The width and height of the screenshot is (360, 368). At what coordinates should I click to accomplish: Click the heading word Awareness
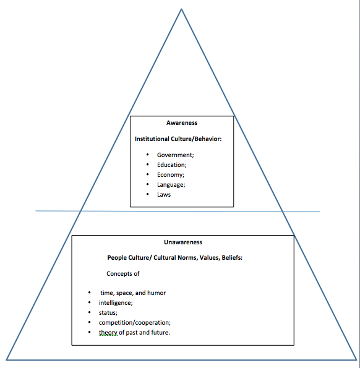pyautogui.click(x=182, y=123)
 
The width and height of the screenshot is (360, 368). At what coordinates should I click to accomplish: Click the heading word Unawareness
pyautogui.click(x=182, y=242)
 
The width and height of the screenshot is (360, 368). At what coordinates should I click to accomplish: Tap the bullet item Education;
pyautogui.click(x=171, y=165)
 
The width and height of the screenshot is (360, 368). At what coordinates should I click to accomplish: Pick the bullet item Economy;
pyautogui.click(x=171, y=174)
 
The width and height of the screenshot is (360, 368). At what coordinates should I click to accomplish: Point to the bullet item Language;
pyautogui.click(x=171, y=184)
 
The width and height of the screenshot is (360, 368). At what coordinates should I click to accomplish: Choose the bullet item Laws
pyautogui.click(x=163, y=194)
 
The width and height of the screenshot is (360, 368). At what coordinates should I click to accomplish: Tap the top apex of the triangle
pyautogui.click(x=181, y=9)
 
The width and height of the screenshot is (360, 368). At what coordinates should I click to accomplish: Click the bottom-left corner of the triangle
pyautogui.click(x=7, y=359)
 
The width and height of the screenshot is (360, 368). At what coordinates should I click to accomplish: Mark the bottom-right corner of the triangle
pyautogui.click(x=357, y=360)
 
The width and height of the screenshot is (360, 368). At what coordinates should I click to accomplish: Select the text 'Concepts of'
pyautogui.click(x=123, y=274)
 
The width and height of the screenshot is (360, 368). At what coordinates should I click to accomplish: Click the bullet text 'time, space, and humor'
pyautogui.click(x=132, y=293)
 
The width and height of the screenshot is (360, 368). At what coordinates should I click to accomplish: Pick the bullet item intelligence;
pyautogui.click(x=116, y=302)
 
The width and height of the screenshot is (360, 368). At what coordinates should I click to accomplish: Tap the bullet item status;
pyautogui.click(x=108, y=312)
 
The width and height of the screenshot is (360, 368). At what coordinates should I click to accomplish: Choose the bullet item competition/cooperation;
pyautogui.click(x=135, y=322)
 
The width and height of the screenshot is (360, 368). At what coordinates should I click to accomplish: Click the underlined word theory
pyautogui.click(x=108, y=333)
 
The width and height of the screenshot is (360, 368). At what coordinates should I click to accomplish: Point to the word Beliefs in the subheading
pyautogui.click(x=231, y=257)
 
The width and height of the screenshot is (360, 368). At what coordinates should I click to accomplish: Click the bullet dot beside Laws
pyautogui.click(x=147, y=194)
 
